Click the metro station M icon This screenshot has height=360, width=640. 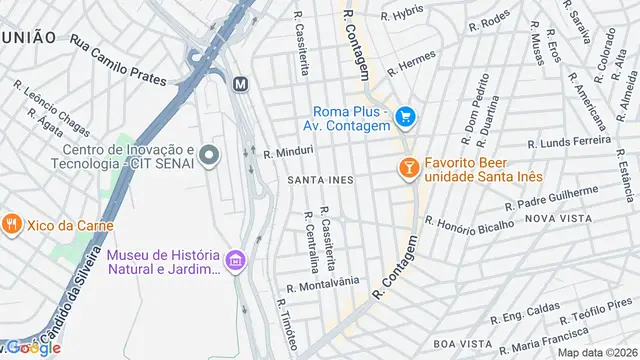240,85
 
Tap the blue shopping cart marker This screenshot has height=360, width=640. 405,118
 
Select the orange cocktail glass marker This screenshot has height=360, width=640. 408,168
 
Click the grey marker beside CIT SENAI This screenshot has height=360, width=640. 209,155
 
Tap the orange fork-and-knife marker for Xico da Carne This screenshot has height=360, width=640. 12,224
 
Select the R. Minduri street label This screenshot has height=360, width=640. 289,152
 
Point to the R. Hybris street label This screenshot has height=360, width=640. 402,15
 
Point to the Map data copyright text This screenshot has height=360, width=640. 597,351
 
